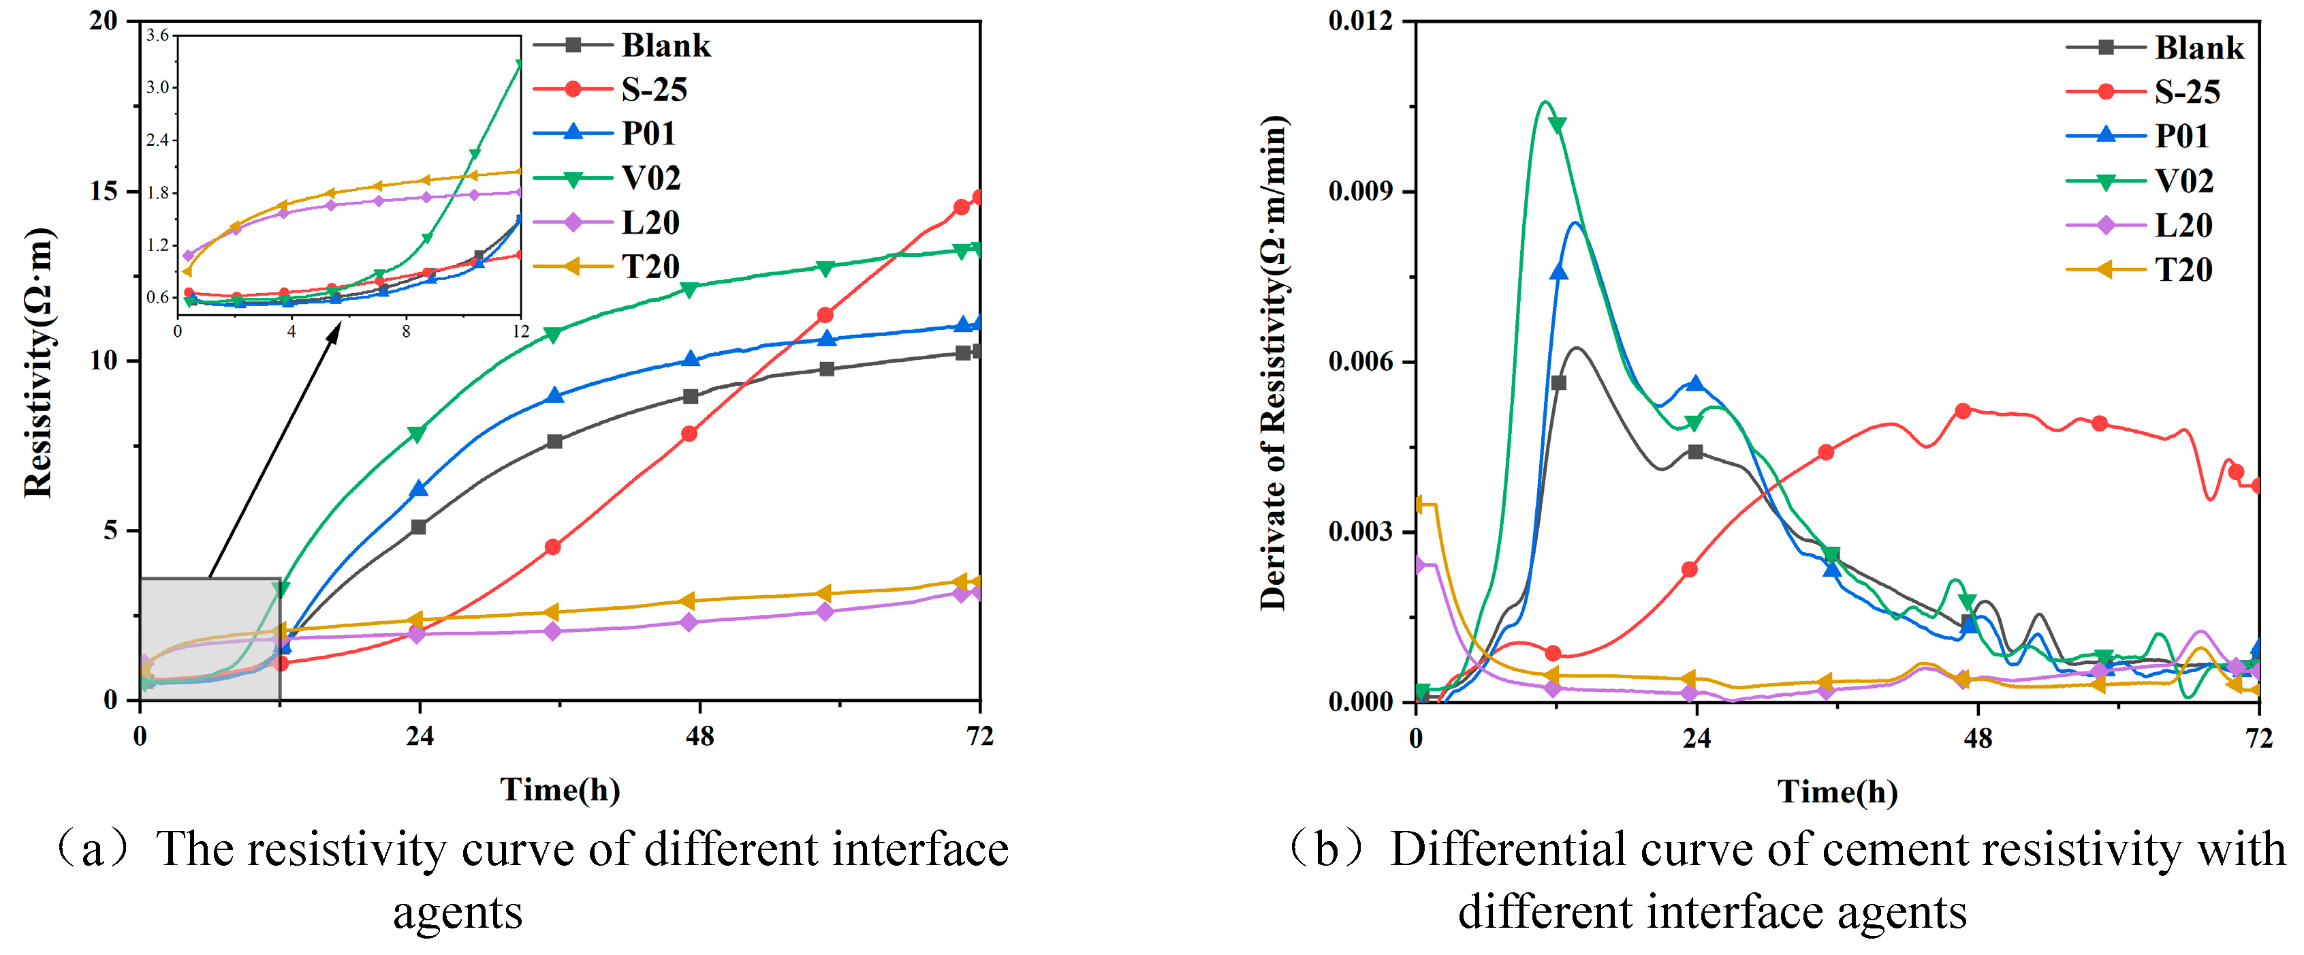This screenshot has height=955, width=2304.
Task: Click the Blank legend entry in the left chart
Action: point(665,46)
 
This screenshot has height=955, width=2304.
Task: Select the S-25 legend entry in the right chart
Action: point(2187,91)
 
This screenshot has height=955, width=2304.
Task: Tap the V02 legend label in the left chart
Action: point(651,178)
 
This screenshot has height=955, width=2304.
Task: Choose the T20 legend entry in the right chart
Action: point(2183,269)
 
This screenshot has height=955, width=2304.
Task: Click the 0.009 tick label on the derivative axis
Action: point(1360,192)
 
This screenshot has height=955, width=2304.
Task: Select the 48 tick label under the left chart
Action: point(699,737)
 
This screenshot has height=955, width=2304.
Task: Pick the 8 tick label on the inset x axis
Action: point(406,332)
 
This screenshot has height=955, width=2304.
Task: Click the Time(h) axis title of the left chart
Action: point(560,789)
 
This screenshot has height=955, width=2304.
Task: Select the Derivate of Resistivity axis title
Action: point(1273,363)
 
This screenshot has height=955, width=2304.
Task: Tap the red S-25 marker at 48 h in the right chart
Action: point(1962,411)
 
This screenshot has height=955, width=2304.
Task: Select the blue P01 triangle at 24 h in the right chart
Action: point(1695,383)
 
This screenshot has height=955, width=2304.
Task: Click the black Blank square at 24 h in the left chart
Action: point(417,527)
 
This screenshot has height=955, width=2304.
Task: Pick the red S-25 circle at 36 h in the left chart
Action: point(553,547)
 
